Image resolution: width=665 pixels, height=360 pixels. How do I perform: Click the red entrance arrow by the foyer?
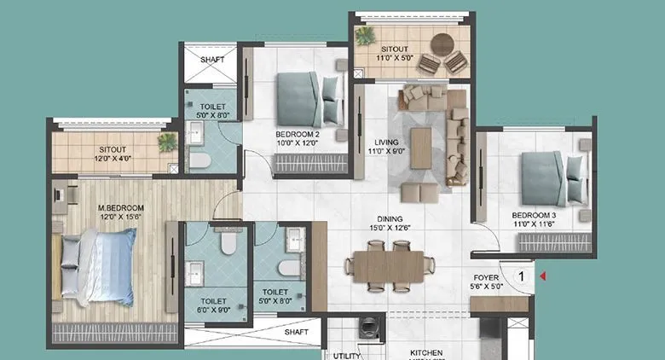click(541, 276)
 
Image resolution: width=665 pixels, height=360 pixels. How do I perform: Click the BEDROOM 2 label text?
click(298, 135)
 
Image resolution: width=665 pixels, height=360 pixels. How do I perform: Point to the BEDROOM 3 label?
click(535, 215)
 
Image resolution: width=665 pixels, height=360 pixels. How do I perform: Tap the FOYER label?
click(487, 278)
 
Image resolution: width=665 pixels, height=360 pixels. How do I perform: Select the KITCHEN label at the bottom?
click(425, 351)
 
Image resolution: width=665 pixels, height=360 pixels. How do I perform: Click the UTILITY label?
click(347, 355)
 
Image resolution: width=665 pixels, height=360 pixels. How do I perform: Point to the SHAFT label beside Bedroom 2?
click(212, 60)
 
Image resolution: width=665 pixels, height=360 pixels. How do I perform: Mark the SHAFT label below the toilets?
click(297, 331)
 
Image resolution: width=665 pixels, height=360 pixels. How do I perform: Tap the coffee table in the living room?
click(421, 148)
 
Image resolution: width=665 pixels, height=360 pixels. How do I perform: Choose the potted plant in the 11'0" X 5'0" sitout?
click(366, 36)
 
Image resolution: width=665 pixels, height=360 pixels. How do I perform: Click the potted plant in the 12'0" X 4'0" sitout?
click(167, 142)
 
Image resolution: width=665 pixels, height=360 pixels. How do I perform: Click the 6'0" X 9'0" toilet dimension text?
click(213, 311)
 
